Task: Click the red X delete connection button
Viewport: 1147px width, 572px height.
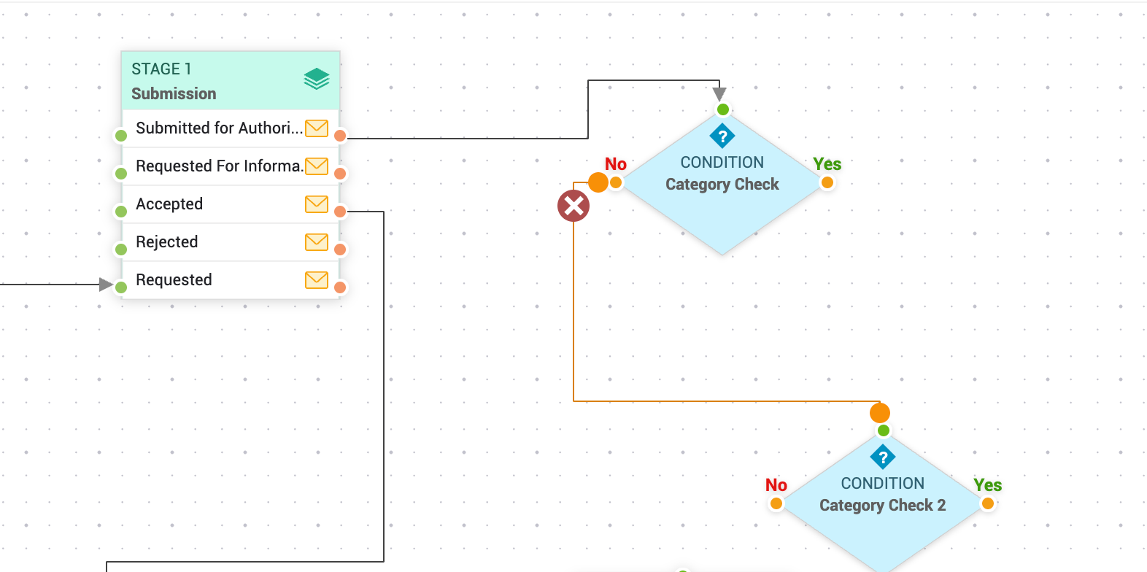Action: tap(573, 206)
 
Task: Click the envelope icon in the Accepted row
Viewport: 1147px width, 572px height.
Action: tap(316, 204)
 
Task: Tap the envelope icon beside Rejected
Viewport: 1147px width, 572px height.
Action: tap(316, 242)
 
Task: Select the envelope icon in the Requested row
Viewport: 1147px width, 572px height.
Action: tap(316, 280)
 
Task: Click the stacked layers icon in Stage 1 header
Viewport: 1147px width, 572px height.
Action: tap(317, 79)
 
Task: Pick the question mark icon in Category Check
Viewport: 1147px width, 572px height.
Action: tap(722, 136)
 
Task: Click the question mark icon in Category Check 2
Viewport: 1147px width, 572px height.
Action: tap(883, 457)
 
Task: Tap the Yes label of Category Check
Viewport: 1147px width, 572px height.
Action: tap(827, 164)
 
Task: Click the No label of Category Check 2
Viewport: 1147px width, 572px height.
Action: tap(776, 485)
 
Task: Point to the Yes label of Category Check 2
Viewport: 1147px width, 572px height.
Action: tap(987, 485)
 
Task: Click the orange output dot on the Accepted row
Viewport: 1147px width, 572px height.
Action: tap(340, 212)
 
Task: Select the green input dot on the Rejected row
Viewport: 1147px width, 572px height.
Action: tap(121, 250)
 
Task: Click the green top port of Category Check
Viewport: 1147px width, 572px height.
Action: tap(723, 109)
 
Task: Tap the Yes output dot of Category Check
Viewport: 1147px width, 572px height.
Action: tap(827, 182)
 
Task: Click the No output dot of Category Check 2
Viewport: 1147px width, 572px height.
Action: tap(776, 503)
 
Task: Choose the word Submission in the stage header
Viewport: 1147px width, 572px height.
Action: tap(174, 93)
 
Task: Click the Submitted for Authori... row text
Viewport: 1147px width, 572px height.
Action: tap(219, 128)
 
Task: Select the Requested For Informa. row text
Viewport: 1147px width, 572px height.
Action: tap(219, 166)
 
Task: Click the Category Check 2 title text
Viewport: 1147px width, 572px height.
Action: tap(882, 505)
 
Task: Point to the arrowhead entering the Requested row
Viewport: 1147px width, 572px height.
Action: tap(106, 285)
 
